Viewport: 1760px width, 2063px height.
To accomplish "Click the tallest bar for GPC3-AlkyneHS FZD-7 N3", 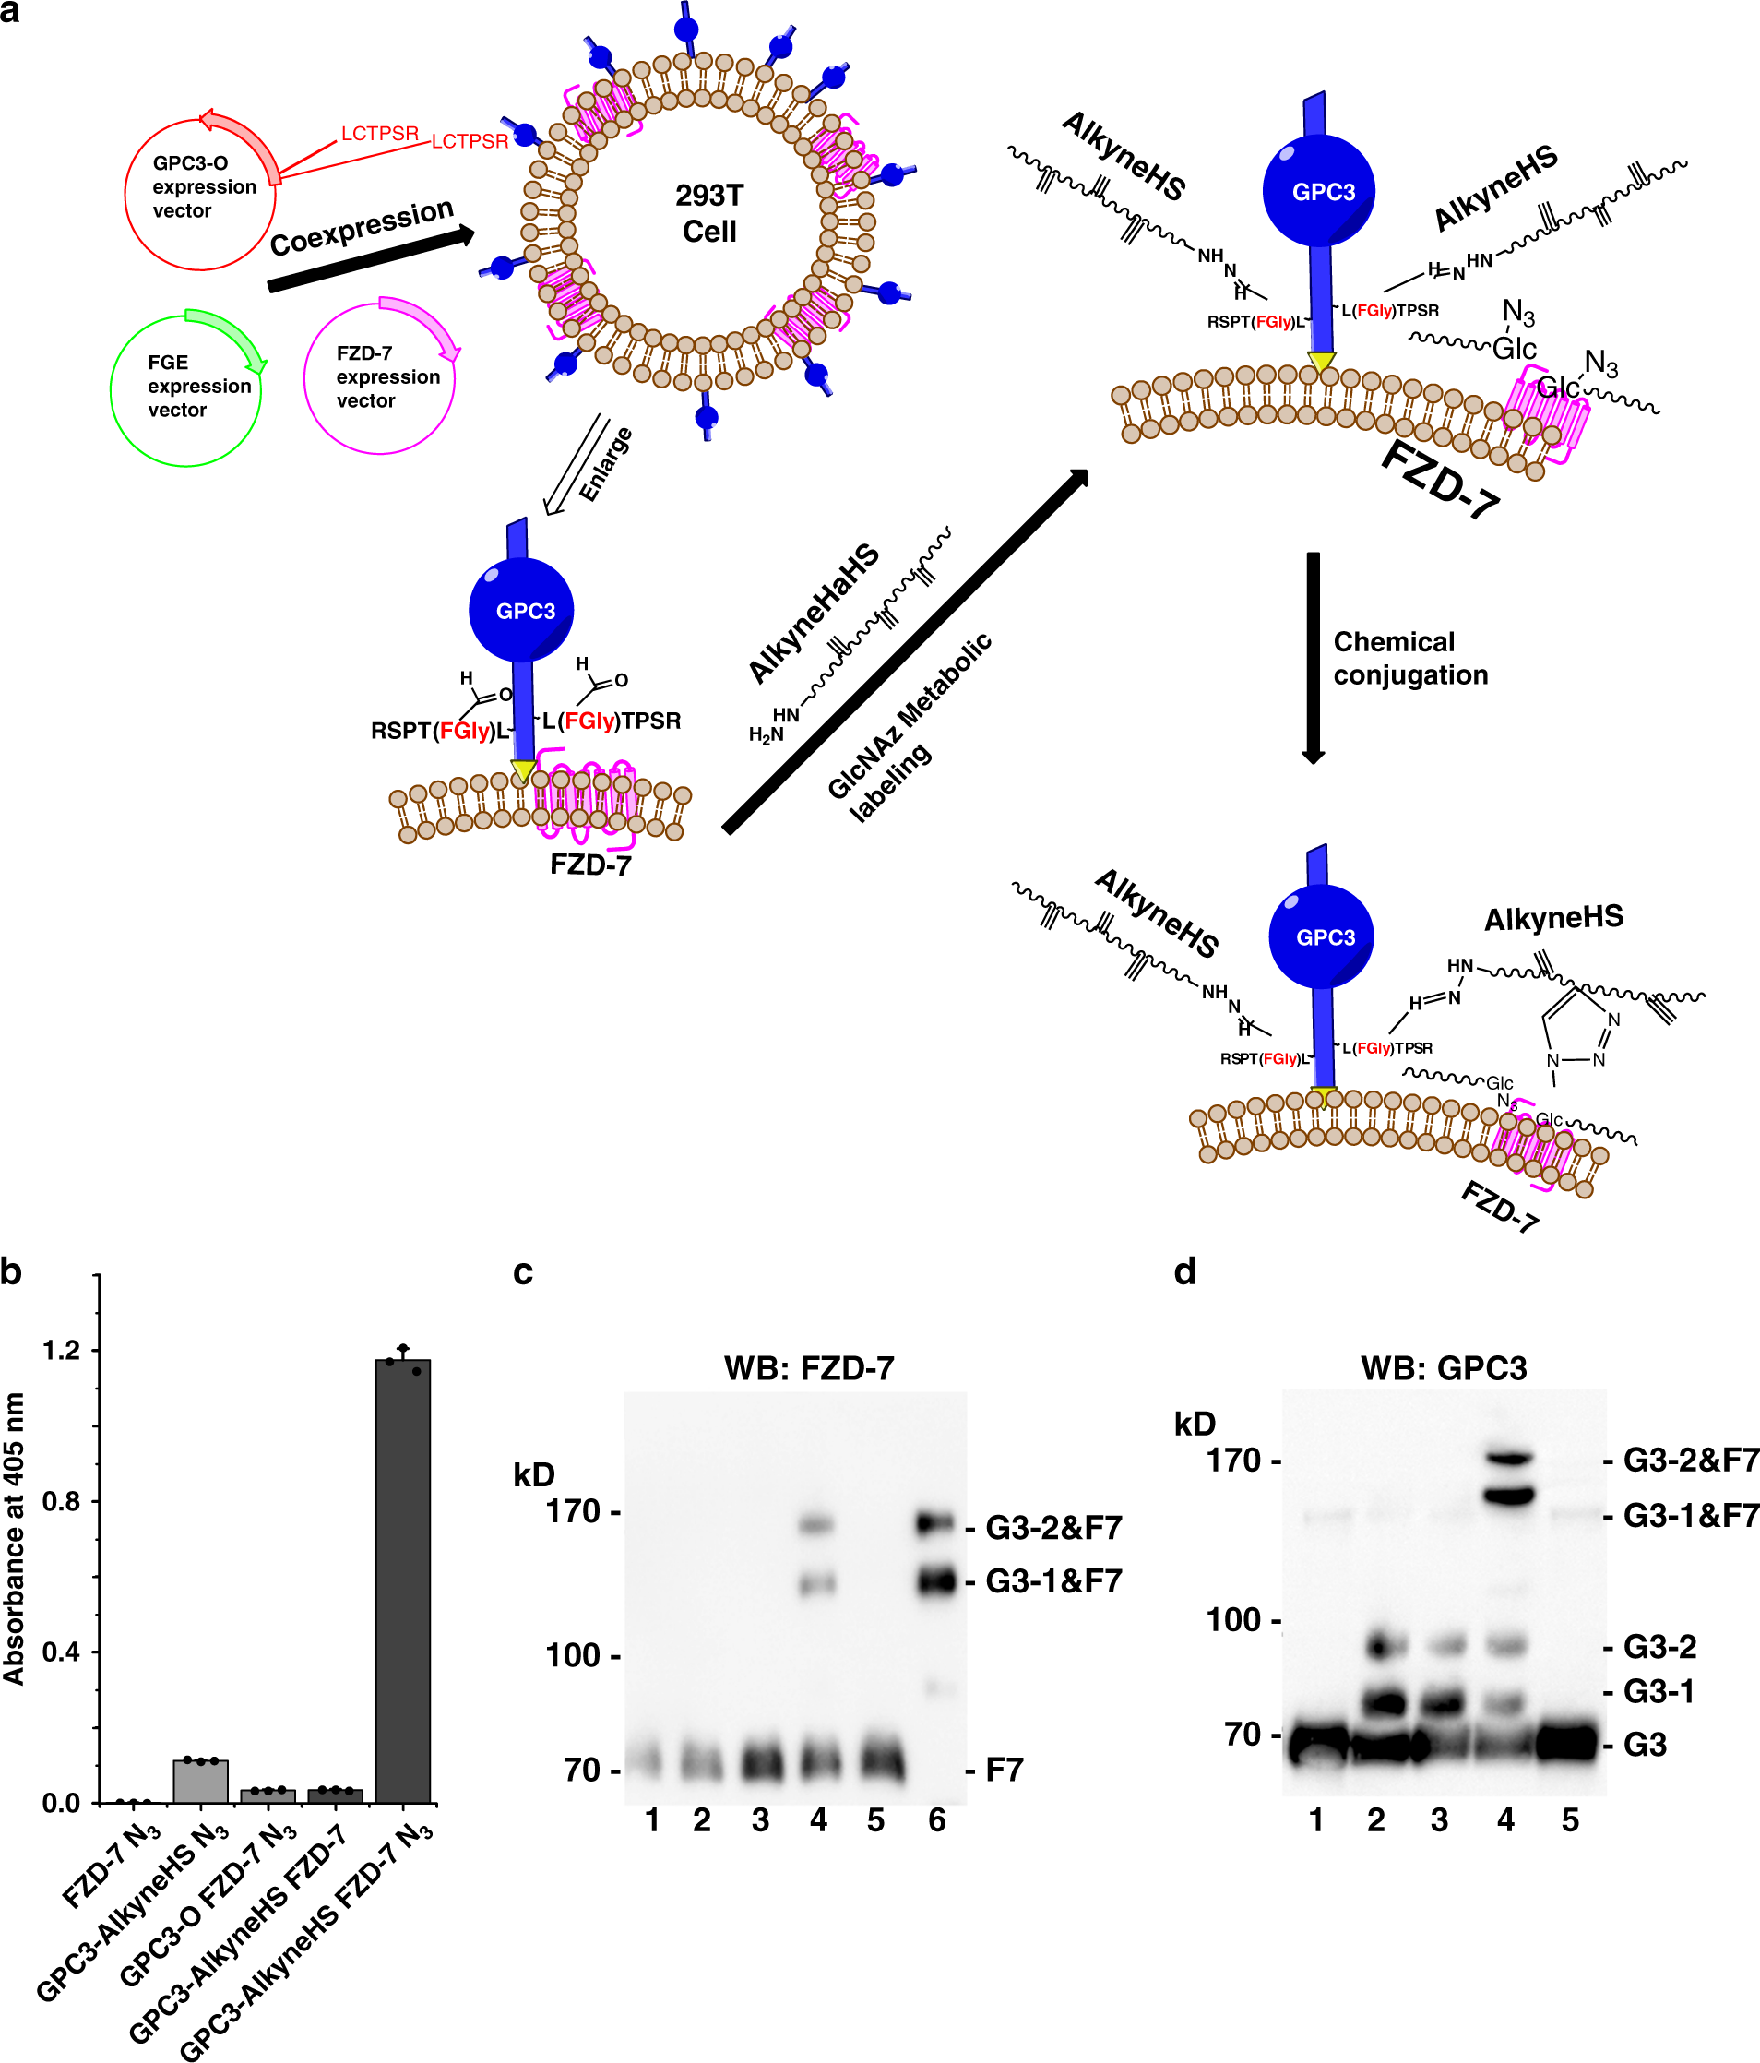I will coord(402,1583).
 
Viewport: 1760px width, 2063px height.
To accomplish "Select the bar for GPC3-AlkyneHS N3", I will coord(200,1783).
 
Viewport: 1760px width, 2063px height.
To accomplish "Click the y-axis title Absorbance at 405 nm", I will coord(14,1538).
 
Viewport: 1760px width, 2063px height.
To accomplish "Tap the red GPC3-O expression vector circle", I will coord(200,193).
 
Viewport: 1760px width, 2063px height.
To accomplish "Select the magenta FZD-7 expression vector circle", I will coord(379,377).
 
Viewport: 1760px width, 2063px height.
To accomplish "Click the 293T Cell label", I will coord(708,213).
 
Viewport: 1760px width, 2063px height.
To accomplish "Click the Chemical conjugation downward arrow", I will coord(1313,657).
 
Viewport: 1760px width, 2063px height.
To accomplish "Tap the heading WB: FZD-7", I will coord(808,1368).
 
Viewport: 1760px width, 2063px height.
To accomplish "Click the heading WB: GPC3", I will coord(1443,1368).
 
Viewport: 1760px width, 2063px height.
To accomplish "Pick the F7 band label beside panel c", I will coord(1004,1771).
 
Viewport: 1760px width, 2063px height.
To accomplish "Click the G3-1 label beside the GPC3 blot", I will coord(1659,1691).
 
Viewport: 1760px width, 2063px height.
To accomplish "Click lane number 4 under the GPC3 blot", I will coord(1506,1821).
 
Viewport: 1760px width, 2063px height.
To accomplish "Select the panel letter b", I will coord(11,1271).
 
